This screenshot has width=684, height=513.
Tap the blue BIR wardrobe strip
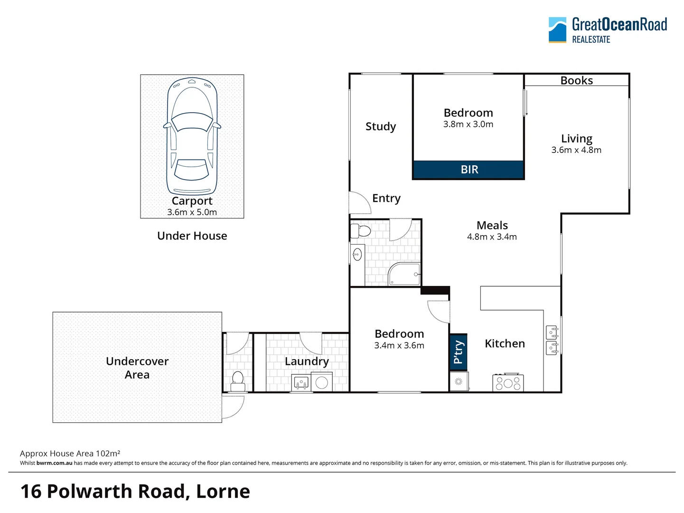[468, 170]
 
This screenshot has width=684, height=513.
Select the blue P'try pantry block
[458, 352]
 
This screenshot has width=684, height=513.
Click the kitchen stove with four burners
[508, 382]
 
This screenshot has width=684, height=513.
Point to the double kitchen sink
[552, 340]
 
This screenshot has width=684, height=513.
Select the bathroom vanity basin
[357, 255]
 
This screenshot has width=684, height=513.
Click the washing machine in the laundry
[322, 382]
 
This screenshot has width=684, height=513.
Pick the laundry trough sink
[301, 382]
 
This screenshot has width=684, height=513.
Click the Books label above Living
[576, 80]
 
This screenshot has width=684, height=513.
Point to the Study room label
[380, 126]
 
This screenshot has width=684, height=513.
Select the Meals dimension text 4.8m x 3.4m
[492, 237]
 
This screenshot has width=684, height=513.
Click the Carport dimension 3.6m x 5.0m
[192, 212]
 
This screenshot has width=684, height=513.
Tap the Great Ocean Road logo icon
[557, 30]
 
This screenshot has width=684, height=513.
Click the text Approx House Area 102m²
[70, 454]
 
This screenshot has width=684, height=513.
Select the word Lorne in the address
[223, 491]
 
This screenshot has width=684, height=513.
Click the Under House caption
[192, 236]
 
